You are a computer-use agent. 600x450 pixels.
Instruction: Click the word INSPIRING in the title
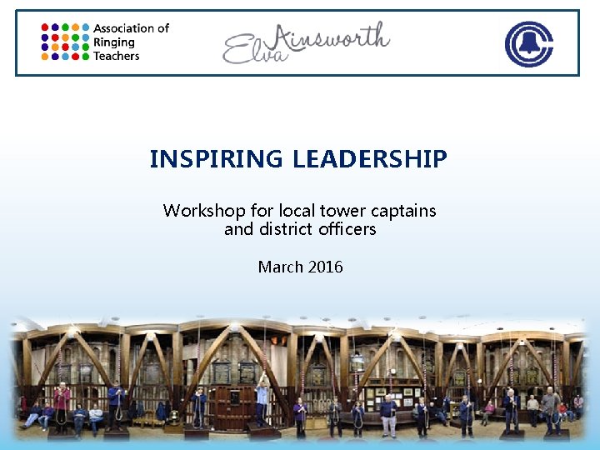[217, 158]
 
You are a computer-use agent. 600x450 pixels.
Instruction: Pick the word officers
[346, 228]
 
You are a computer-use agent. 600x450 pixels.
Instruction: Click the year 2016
[325, 267]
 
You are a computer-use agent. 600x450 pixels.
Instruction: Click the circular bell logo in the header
[528, 43]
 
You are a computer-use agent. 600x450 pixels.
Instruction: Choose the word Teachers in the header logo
[116, 56]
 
